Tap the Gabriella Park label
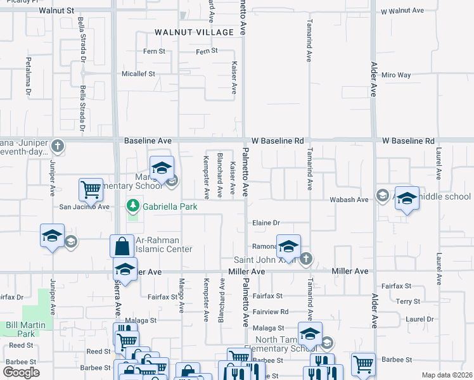point(170,206)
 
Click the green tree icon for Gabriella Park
point(133,205)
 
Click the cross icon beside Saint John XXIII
point(306,258)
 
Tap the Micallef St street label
point(138,74)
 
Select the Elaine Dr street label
point(266,223)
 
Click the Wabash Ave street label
point(349,199)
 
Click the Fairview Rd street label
point(271,312)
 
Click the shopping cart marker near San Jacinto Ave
point(91,189)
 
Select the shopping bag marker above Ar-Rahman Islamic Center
point(122,246)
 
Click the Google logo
point(21,372)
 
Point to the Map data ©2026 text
point(447,375)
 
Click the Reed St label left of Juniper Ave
point(21,345)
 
